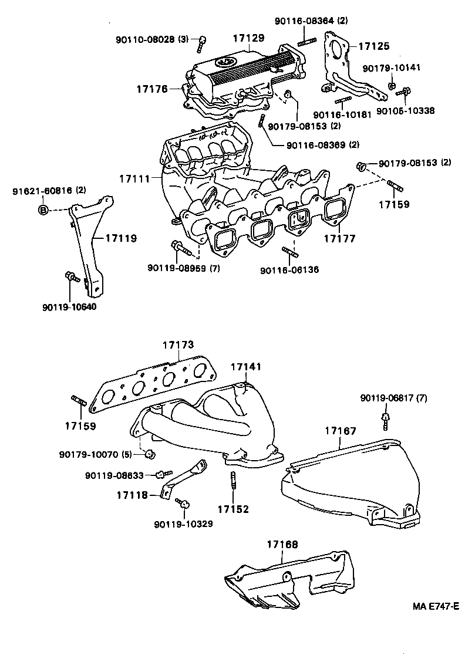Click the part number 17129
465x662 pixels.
[x=248, y=38]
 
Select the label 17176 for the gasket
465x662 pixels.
[x=153, y=89]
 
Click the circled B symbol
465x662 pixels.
[x=43, y=210]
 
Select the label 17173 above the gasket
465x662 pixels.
[x=178, y=346]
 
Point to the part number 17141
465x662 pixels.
[x=246, y=367]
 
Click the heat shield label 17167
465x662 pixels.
[x=341, y=431]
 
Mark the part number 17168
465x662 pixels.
[x=282, y=545]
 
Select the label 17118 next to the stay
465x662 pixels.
[x=132, y=495]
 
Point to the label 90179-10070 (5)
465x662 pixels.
[x=96, y=454]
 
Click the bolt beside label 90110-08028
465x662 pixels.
[x=203, y=41]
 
